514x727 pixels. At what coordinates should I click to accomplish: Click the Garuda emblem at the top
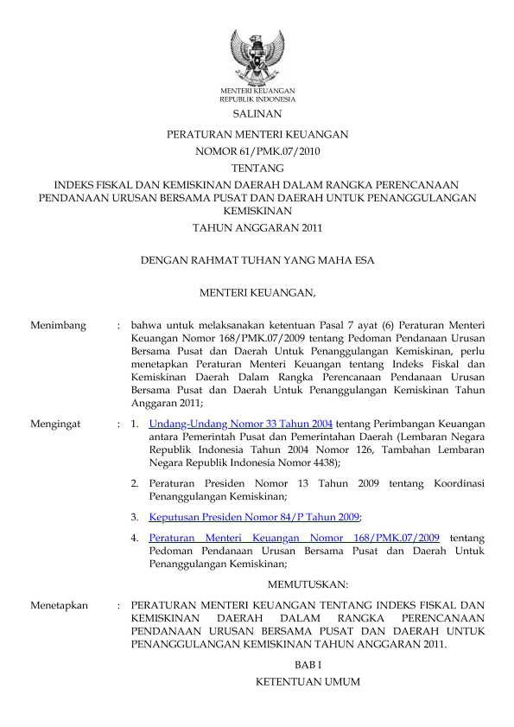click(x=257, y=55)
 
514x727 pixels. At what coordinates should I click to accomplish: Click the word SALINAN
click(x=257, y=113)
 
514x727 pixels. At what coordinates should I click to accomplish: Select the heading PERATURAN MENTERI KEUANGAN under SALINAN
click(x=257, y=135)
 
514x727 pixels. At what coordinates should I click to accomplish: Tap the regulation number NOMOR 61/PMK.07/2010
click(x=257, y=151)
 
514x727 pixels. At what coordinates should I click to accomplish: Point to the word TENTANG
click(x=257, y=168)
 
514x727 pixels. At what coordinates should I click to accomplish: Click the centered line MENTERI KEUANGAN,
click(x=257, y=294)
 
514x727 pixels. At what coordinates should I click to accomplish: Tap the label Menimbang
click(x=58, y=325)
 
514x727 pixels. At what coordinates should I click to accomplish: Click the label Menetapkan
click(x=59, y=606)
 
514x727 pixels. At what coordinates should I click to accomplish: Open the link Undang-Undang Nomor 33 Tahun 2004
click(x=241, y=424)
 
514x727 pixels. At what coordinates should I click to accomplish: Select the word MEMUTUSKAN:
click(x=308, y=585)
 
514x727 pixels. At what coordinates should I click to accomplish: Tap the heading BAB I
click(x=308, y=663)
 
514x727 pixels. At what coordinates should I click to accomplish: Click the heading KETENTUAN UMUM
click(x=308, y=683)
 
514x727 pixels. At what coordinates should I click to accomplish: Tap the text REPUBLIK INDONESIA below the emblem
click(x=257, y=99)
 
